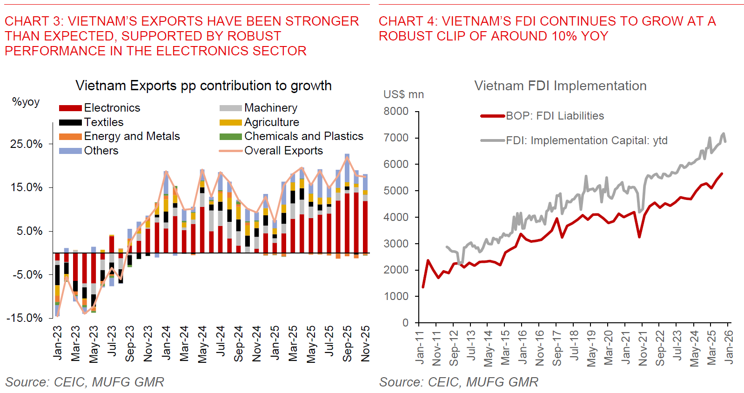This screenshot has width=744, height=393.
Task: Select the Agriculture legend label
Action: point(271,122)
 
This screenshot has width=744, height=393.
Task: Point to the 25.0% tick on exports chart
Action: point(27,144)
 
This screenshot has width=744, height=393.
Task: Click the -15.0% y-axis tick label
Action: point(24,318)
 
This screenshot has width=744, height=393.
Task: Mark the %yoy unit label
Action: point(26,102)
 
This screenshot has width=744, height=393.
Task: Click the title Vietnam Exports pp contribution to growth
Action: point(203,86)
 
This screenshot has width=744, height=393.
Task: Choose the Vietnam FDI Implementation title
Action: point(560,86)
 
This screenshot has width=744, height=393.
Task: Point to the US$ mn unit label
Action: point(403,94)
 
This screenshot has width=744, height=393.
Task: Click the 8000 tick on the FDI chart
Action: point(396,112)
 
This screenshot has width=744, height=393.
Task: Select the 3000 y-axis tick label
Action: point(396,244)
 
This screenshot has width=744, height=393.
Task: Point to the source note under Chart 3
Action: point(85,382)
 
